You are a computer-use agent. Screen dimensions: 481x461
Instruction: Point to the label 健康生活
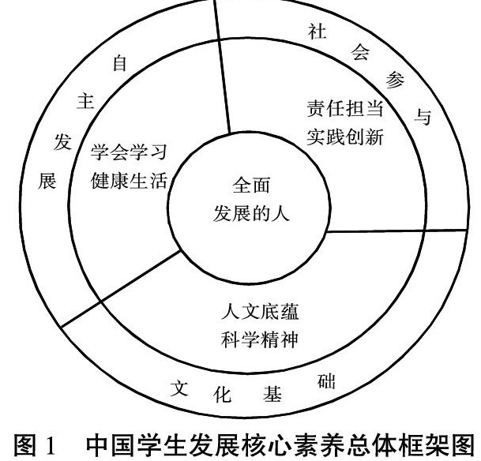[x=128, y=181]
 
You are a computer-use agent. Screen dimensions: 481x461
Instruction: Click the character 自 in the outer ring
[x=120, y=65]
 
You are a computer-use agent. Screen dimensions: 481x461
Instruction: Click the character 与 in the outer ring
[x=424, y=118]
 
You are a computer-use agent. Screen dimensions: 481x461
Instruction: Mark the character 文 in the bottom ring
[x=180, y=388]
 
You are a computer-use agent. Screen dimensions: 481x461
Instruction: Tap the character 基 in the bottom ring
[x=273, y=396]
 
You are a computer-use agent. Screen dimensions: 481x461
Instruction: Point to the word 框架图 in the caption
[x=432, y=440]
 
